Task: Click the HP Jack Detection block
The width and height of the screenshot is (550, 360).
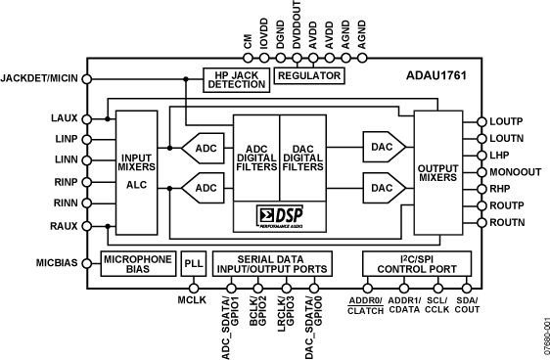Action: click(x=236, y=79)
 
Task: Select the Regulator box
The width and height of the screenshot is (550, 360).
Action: click(x=309, y=74)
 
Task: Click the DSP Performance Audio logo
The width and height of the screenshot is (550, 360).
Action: click(x=280, y=214)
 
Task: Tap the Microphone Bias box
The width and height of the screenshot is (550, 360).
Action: click(x=138, y=264)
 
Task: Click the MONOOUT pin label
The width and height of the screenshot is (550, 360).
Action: click(x=516, y=172)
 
